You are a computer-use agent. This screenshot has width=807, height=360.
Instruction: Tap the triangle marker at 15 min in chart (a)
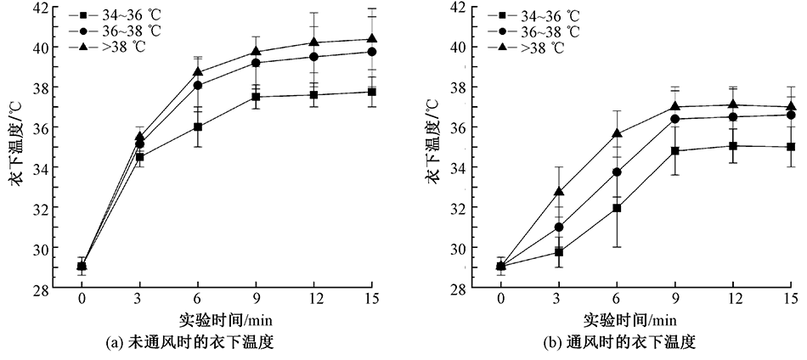click(x=372, y=39)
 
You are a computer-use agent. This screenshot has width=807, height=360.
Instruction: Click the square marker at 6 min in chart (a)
click(x=198, y=127)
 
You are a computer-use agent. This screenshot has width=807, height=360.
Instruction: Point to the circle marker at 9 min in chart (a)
click(x=256, y=63)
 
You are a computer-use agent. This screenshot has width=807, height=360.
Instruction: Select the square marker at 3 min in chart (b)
click(x=559, y=251)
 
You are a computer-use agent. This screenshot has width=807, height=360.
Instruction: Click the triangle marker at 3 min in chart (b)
click(x=559, y=192)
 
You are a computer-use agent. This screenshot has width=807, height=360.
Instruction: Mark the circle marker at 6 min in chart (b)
click(x=617, y=172)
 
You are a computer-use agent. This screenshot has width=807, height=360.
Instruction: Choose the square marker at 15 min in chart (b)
click(x=791, y=147)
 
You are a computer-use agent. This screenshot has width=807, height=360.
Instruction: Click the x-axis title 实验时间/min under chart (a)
click(x=224, y=320)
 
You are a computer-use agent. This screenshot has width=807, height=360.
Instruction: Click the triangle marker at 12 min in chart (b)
click(x=733, y=104)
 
